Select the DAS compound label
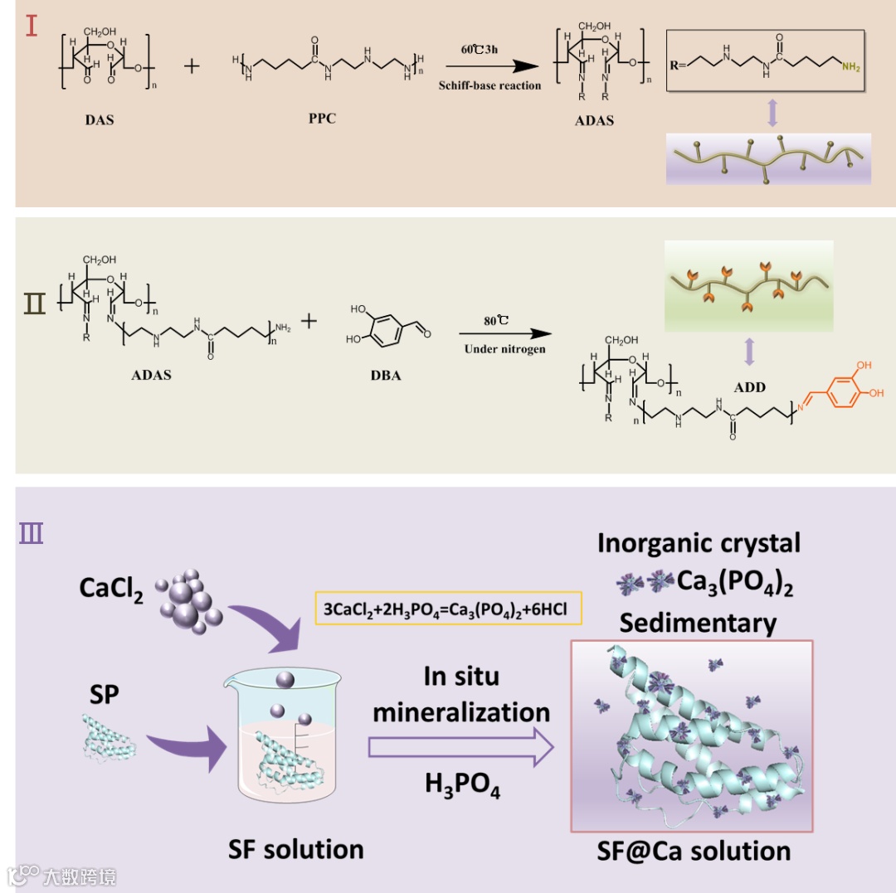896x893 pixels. [100, 120]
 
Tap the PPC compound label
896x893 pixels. [322, 119]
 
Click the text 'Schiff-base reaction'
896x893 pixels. [489, 85]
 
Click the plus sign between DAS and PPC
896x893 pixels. [192, 66]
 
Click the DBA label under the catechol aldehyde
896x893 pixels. [386, 376]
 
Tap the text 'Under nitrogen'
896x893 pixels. [504, 349]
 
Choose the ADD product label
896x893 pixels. [749, 387]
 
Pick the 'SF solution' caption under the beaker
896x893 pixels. [296, 850]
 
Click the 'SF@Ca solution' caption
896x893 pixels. [693, 851]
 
